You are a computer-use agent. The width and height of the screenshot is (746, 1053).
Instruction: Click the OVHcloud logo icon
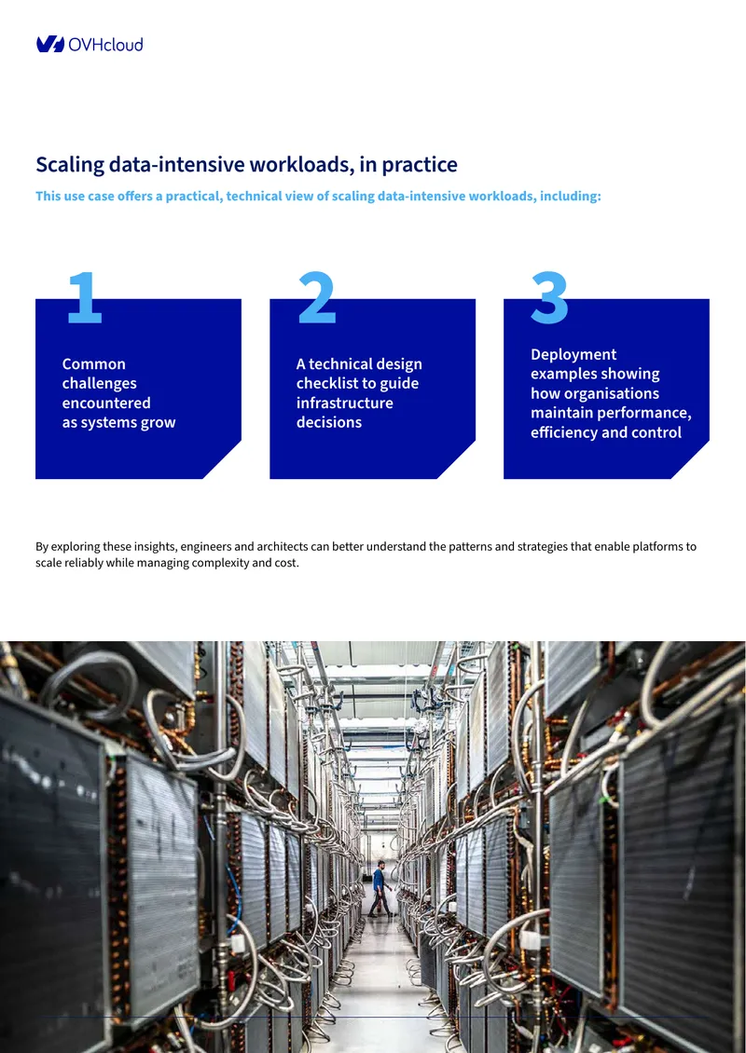click(x=50, y=45)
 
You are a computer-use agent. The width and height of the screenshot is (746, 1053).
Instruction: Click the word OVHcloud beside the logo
click(x=105, y=45)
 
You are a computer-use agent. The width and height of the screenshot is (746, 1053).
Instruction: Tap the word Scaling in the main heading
click(x=70, y=165)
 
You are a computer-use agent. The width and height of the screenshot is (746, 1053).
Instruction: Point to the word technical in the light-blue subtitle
click(x=254, y=196)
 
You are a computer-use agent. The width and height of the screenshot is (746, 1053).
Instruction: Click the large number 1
click(x=85, y=297)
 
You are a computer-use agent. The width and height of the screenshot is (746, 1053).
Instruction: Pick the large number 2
click(x=316, y=297)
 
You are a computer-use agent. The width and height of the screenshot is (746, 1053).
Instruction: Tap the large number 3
click(x=550, y=297)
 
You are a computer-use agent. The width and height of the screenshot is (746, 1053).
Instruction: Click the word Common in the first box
click(x=94, y=364)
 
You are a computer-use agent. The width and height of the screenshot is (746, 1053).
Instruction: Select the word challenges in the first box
click(x=100, y=383)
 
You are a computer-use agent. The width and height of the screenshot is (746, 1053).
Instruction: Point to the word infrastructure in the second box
click(x=345, y=403)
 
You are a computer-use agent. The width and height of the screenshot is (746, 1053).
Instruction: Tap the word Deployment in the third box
click(x=573, y=355)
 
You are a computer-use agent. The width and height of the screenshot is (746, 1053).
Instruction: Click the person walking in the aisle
click(x=380, y=888)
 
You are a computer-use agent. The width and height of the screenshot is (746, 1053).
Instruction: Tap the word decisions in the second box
click(x=328, y=422)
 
